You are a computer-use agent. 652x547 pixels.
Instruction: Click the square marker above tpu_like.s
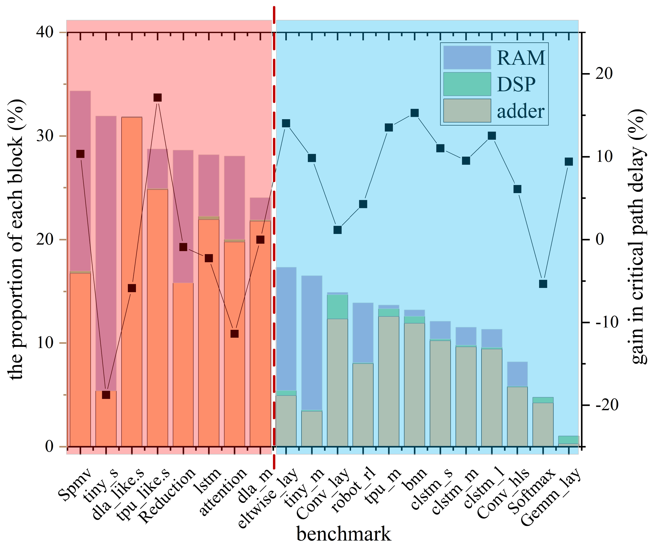tap(158, 98)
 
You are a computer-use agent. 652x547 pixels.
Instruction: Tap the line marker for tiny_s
tap(106, 395)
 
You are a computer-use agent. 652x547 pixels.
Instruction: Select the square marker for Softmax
tap(543, 284)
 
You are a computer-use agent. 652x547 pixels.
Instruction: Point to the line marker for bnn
tap(414, 113)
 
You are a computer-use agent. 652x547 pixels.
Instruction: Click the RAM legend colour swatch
tap(467, 57)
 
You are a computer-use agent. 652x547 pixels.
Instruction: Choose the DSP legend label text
tap(516, 84)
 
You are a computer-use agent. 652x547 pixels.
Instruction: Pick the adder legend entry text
tap(521, 111)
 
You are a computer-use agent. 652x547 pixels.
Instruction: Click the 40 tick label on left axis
tap(45, 32)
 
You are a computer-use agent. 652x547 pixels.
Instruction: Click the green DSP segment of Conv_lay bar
tap(337, 307)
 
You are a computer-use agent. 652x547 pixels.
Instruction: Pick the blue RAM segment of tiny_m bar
tap(312, 342)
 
